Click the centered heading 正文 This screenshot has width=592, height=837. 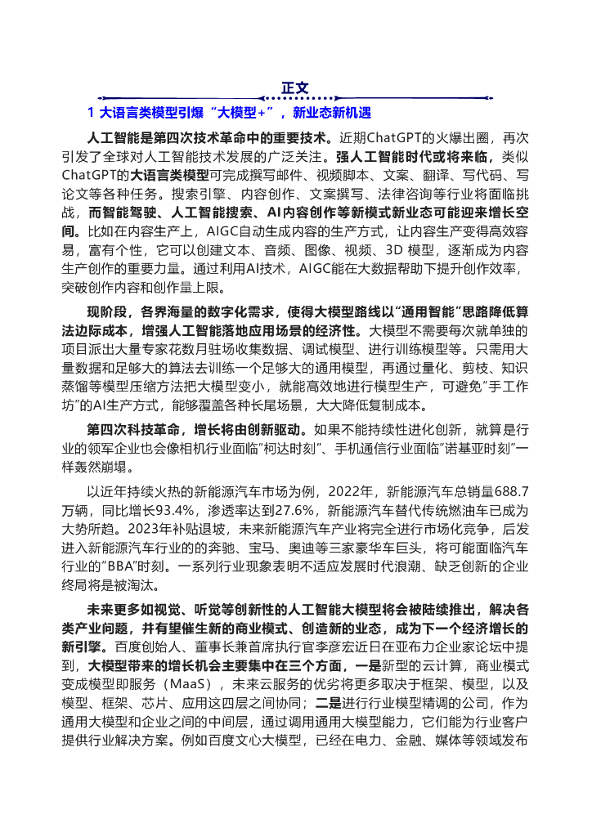click(295, 87)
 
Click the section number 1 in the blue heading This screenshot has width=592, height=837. click(91, 112)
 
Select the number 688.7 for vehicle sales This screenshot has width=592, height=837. click(512, 492)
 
